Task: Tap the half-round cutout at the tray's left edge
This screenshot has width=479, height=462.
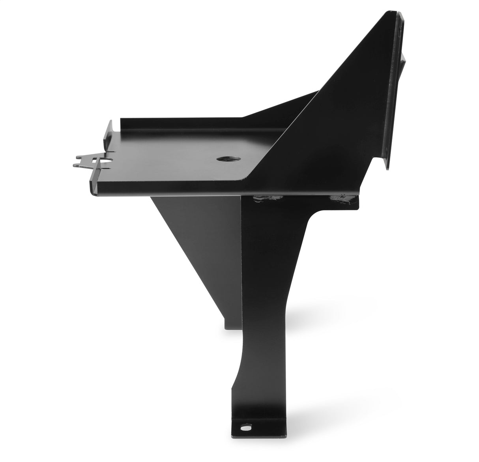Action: [x=106, y=162]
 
